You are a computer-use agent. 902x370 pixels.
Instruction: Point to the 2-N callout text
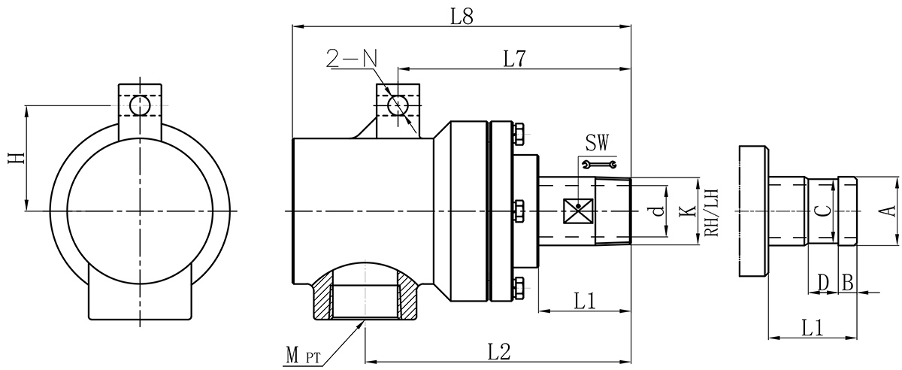pyautogui.click(x=351, y=58)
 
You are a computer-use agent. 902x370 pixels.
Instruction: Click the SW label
pyautogui.click(x=599, y=141)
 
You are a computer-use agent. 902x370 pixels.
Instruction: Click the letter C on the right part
pyautogui.click(x=824, y=211)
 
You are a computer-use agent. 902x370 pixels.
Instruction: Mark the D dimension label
pyautogui.click(x=823, y=282)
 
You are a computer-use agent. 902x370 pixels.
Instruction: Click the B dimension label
pyautogui.click(x=846, y=282)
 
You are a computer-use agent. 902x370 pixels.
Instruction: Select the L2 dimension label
pyautogui.click(x=499, y=350)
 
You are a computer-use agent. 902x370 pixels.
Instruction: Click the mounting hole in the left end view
pyautogui.click(x=140, y=105)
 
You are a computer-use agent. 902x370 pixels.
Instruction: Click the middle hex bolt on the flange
pyautogui.click(x=518, y=211)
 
